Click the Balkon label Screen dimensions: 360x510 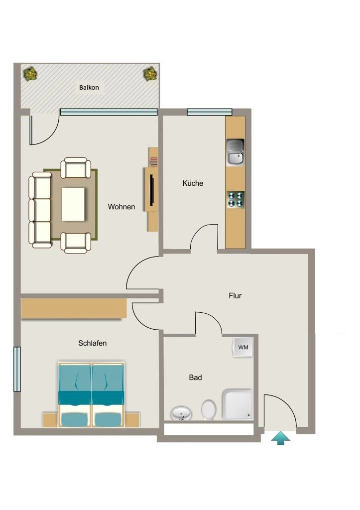89,88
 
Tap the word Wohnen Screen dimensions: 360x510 121,207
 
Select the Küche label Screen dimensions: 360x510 193,183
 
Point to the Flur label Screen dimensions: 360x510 235,296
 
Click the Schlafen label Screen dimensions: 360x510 92,343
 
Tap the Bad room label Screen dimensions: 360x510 196,378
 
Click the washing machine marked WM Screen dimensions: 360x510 243,347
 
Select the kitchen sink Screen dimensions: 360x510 235,152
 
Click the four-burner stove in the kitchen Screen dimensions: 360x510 236,199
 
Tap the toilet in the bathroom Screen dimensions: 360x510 209,410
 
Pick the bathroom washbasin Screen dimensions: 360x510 181,413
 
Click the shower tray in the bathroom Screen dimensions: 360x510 237,404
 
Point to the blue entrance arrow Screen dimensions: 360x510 281,438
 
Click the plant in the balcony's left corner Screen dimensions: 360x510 30,74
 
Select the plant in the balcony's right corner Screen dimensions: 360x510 150,74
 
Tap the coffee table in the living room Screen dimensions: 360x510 73,204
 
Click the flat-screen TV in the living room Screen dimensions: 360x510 151,190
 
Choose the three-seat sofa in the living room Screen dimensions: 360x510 40,210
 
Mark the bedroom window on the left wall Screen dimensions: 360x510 17,369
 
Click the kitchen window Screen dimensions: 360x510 210,112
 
